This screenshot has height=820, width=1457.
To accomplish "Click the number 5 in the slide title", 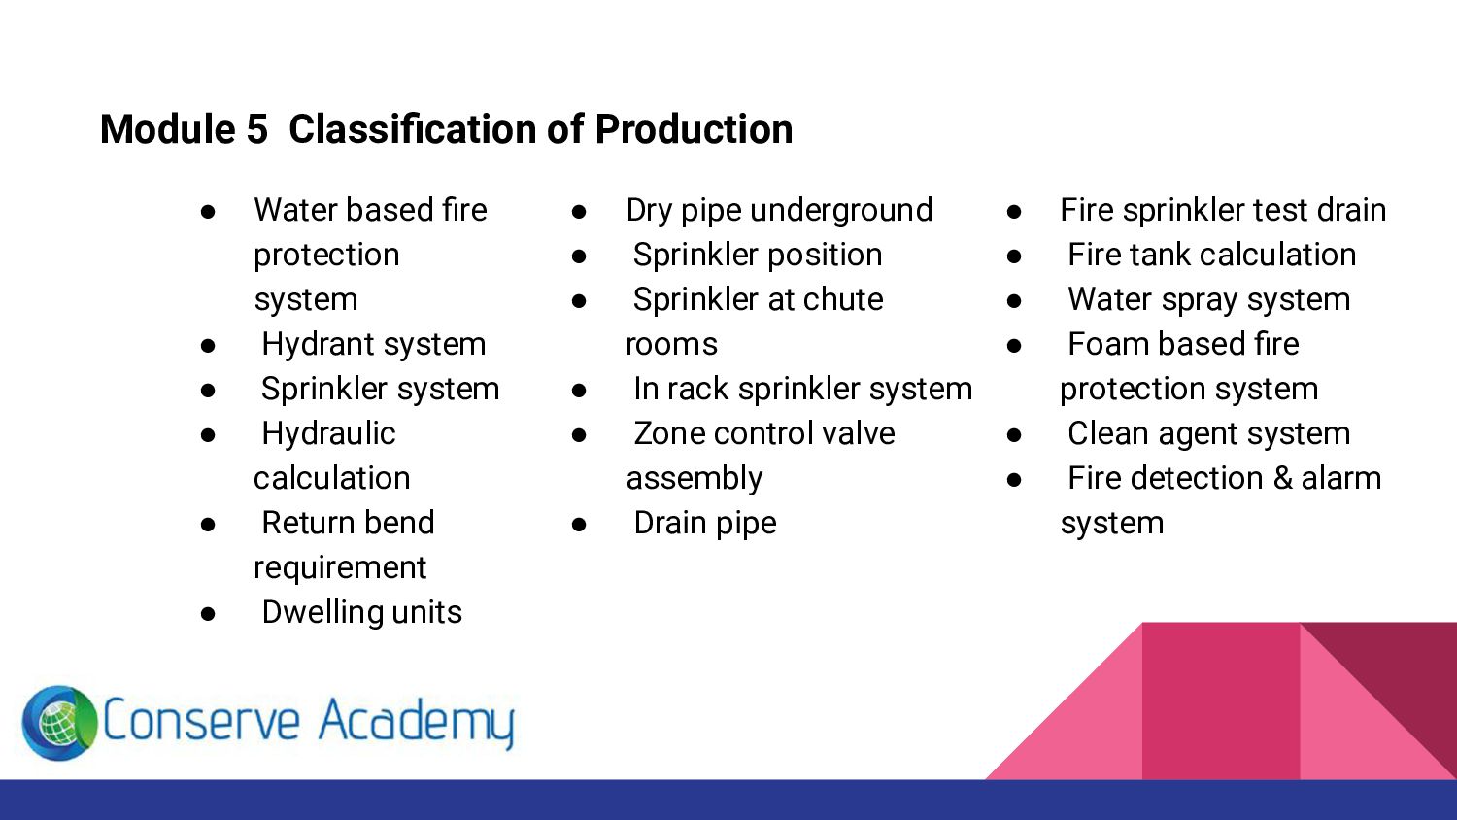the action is pos(256,129).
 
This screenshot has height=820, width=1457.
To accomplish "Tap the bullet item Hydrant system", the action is pos(374,344).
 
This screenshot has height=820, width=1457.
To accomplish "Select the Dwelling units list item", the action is pos(362,612).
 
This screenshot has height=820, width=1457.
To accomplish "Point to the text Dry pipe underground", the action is pos(779,210).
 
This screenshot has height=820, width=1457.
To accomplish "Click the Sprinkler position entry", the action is pos(758,255).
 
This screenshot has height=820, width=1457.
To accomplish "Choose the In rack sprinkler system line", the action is pos(802,389).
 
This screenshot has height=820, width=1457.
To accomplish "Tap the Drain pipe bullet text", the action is pos(705,523).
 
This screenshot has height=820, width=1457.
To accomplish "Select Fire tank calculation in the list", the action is pos(1211,255).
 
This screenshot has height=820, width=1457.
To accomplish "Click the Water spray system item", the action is pos(1208,299).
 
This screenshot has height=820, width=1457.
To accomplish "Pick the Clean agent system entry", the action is pos(1208,433).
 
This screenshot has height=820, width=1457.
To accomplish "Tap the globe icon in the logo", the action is pos(59,723).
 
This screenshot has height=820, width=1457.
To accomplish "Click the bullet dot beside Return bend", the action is pos(208,524).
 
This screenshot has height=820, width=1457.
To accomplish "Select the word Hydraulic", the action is pos(328,433).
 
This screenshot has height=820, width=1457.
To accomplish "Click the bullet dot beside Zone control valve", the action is pos(580,434).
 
